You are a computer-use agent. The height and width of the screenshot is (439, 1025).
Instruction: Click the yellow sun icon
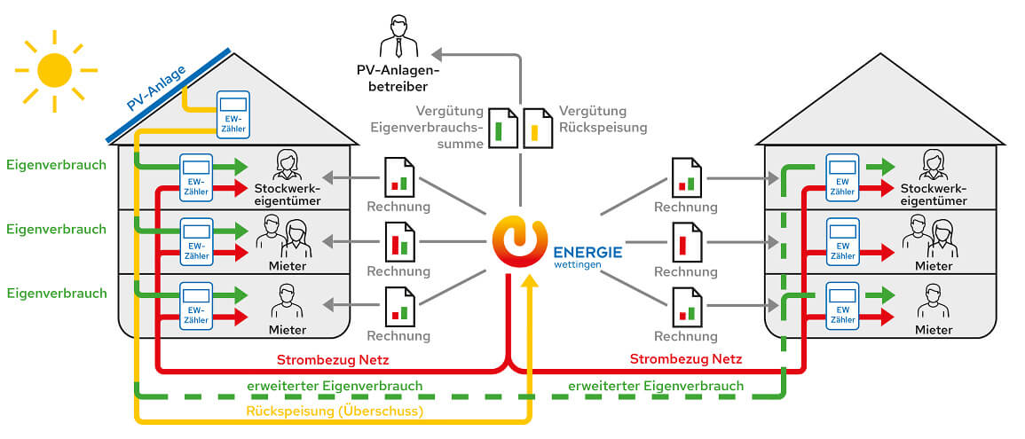(54, 68)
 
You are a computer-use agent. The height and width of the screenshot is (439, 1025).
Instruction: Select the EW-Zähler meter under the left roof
(233, 114)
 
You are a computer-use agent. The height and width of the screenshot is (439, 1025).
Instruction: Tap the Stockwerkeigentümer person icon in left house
(287, 165)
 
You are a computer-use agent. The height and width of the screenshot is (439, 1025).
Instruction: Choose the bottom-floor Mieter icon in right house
(933, 300)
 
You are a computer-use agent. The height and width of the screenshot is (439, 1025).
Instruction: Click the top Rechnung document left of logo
(399, 176)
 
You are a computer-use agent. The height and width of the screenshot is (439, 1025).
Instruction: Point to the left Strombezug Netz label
(333, 359)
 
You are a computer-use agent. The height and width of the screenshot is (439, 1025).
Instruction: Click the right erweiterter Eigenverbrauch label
(656, 386)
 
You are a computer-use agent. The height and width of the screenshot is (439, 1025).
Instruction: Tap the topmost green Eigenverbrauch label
(56, 164)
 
